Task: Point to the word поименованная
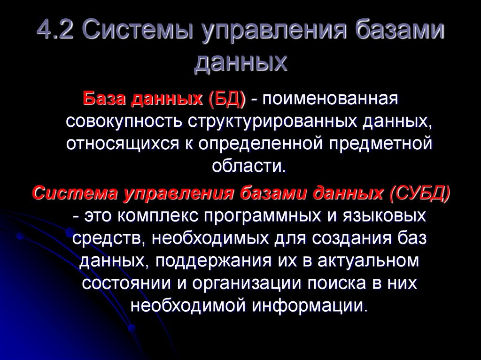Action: (x=328, y=100)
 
